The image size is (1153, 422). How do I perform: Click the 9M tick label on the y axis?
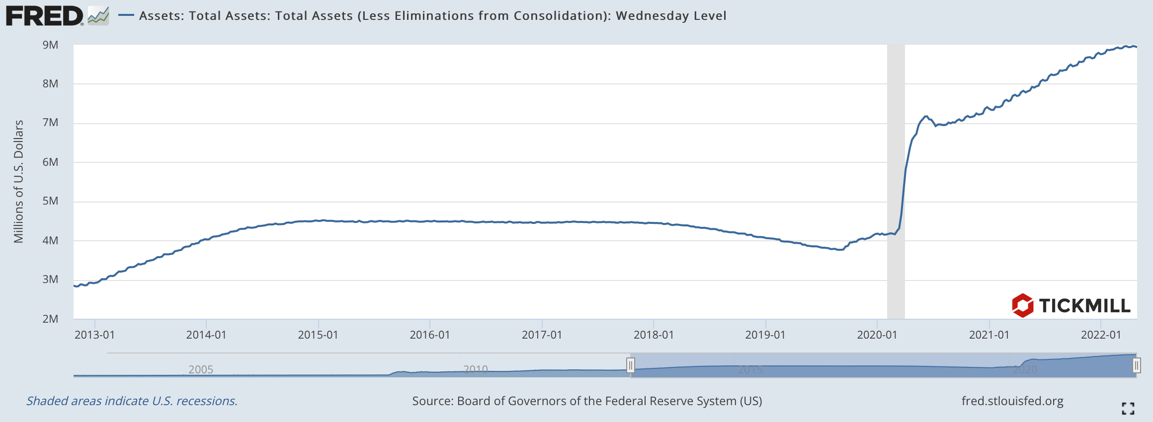tap(50, 45)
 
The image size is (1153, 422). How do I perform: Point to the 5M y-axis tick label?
tap(50, 201)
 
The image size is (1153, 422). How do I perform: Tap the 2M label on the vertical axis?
tap(50, 319)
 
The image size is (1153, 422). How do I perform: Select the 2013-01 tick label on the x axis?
tap(94, 335)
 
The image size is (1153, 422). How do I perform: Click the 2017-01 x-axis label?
tap(542, 335)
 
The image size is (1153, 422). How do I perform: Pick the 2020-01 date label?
tap(877, 335)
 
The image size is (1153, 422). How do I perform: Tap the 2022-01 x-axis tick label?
tap(1101, 335)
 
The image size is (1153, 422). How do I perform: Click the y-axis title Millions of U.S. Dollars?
tap(19, 181)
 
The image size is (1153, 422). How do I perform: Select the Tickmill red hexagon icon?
tap(1022, 305)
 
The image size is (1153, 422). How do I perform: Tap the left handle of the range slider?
tap(630, 366)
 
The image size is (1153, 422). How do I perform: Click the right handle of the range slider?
tap(1136, 366)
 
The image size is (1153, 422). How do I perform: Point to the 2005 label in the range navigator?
tap(201, 369)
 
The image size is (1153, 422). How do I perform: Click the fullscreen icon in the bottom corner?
tap(1128, 409)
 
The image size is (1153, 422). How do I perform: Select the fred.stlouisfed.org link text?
tap(1012, 401)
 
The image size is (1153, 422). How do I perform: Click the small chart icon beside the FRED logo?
tap(98, 16)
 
